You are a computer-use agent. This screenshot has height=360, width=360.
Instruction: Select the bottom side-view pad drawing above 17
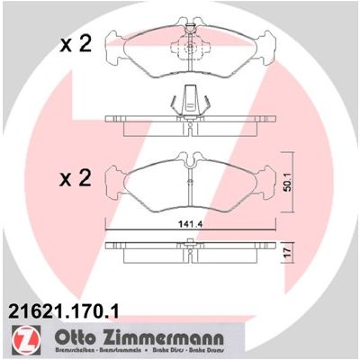pyautogui.click(x=189, y=247)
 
